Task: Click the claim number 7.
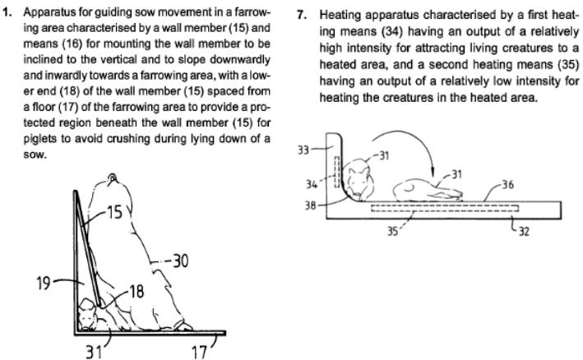click(300, 15)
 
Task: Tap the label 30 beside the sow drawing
click(178, 261)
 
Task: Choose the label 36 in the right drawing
click(509, 184)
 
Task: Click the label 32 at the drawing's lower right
click(523, 232)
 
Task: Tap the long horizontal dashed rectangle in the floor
click(444, 209)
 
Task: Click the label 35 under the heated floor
click(394, 231)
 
